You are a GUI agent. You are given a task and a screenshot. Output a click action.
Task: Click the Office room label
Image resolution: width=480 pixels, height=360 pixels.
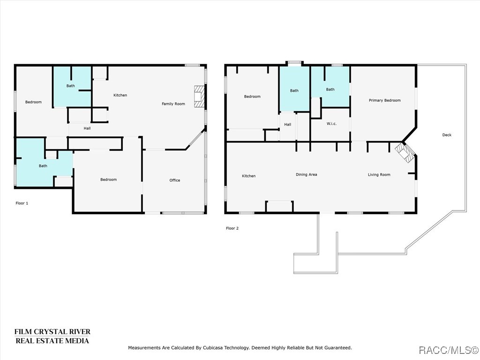coord(174,180)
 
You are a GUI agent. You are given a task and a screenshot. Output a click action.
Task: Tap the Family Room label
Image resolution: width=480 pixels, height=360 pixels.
coord(173,104)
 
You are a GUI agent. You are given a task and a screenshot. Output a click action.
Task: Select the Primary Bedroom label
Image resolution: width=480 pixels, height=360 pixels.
coord(384,100)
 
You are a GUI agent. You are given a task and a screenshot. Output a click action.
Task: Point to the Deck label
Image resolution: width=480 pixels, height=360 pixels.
coord(447,135)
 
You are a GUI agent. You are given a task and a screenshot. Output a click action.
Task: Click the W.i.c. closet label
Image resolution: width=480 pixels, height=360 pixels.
coord(331,124)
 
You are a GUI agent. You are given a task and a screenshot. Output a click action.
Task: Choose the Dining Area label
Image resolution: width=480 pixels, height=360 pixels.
coord(306,175)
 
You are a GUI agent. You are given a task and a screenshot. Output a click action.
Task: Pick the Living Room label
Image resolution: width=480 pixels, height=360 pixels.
coord(379,175)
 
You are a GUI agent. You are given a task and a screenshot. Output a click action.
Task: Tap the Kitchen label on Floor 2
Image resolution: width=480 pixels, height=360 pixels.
coord(248,176)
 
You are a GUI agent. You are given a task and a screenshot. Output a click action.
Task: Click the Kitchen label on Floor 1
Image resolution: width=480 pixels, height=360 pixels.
coord(120,95)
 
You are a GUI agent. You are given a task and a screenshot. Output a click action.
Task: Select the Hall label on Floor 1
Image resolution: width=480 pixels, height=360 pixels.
coord(87,128)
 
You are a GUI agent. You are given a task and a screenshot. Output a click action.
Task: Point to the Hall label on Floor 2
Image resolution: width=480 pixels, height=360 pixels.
coord(287,125)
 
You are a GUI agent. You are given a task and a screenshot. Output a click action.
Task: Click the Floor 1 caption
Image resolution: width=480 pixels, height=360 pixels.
coord(22,203)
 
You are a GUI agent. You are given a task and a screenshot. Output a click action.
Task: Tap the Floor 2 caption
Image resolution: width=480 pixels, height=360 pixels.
coord(232,228)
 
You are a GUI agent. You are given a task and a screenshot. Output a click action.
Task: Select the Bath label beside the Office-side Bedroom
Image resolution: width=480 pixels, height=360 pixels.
coord(43,166)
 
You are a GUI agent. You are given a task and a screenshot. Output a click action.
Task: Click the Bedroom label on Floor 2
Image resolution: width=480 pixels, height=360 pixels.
coord(252,97)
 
